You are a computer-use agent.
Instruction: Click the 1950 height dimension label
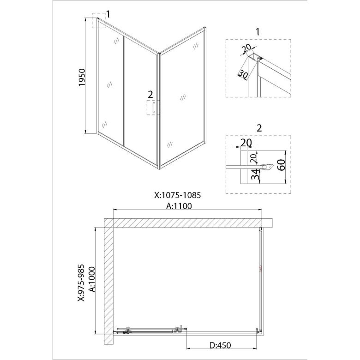[82, 78]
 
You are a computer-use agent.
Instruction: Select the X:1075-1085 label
[178, 195]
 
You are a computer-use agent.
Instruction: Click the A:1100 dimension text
[179, 206]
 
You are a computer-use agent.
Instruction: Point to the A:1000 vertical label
[92, 279]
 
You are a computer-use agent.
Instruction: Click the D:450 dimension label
[220, 345]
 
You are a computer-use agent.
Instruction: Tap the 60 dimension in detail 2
[282, 165]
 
